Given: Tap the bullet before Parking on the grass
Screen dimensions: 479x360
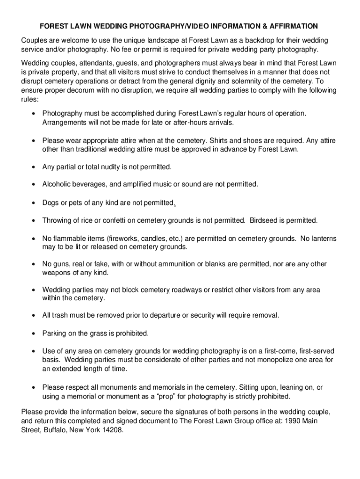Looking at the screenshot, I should (x=34, y=334).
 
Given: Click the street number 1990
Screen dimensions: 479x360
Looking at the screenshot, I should (x=294, y=421).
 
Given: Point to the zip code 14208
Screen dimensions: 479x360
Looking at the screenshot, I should (x=112, y=429).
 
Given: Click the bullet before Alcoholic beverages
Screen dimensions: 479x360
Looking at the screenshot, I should (x=34, y=184).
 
